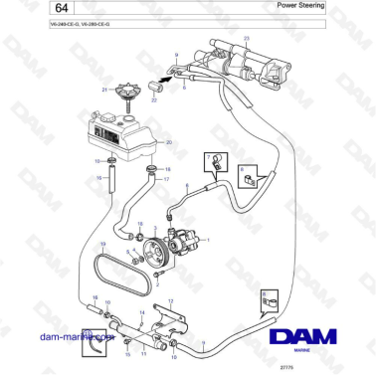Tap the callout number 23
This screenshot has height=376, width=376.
[246, 37]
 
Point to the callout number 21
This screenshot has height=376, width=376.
[103, 91]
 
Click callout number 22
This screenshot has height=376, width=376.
[154, 99]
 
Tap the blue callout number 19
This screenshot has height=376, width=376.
[101, 245]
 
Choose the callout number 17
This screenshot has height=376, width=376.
[166, 180]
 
